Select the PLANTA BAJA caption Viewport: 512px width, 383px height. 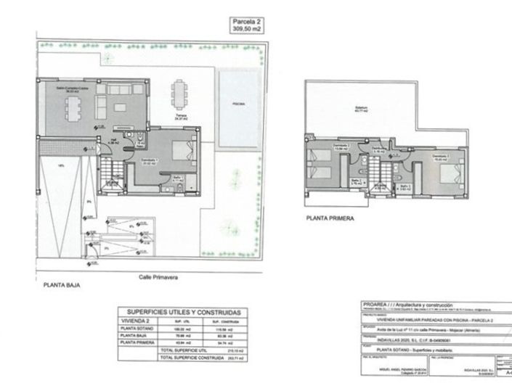(56, 286)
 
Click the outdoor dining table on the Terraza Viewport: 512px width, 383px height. (178, 93)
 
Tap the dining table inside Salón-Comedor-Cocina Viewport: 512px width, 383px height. (71, 109)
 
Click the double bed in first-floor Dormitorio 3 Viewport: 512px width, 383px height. (448, 173)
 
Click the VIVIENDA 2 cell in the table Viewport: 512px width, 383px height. (136, 321)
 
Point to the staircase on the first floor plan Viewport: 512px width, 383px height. (378, 175)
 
